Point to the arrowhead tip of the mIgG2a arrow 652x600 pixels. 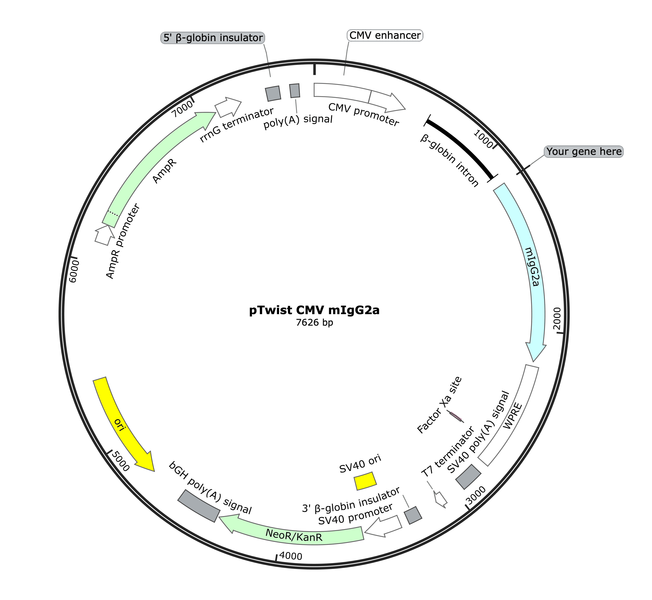click(x=533, y=362)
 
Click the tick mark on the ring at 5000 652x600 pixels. click(x=110, y=452)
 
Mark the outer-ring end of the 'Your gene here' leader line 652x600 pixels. click(x=523, y=171)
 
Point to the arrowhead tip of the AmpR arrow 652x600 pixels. click(x=216, y=113)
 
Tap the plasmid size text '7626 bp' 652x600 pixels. click(x=314, y=322)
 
